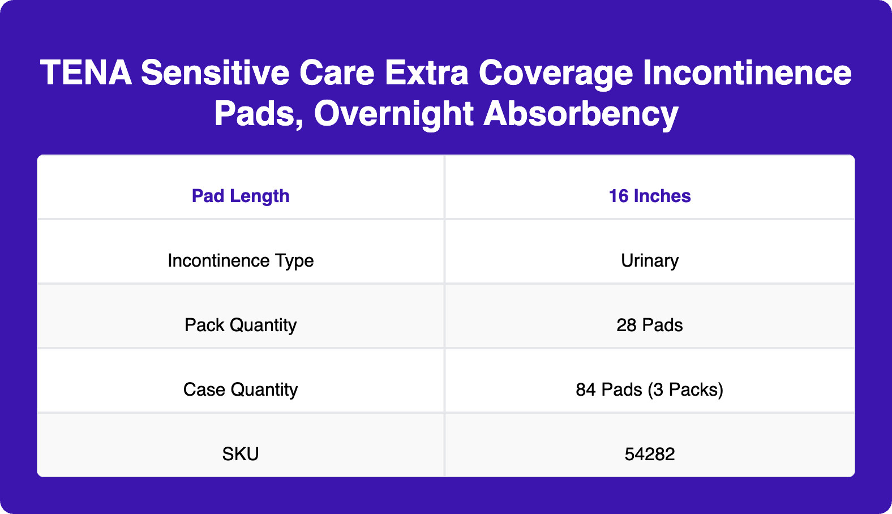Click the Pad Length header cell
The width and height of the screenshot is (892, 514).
coord(241,196)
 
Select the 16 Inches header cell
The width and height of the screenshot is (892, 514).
coord(650,196)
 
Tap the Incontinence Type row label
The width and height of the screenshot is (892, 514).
coord(241,260)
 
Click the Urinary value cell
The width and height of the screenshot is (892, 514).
coord(650,260)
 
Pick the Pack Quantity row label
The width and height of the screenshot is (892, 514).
coord(241,325)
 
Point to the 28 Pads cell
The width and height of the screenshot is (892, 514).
coord(650,325)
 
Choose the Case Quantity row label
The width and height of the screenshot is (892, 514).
coord(241,389)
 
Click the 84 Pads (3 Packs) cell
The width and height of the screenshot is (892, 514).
coord(650,389)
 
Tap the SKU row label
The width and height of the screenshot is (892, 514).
coord(241,454)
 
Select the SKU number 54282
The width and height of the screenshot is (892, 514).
coord(650,454)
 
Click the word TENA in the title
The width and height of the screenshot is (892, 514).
coord(86,74)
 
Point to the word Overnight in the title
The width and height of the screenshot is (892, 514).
coord(393,114)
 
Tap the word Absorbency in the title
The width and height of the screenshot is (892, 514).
coord(581,114)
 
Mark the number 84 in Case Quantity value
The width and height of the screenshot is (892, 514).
coord(586,389)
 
